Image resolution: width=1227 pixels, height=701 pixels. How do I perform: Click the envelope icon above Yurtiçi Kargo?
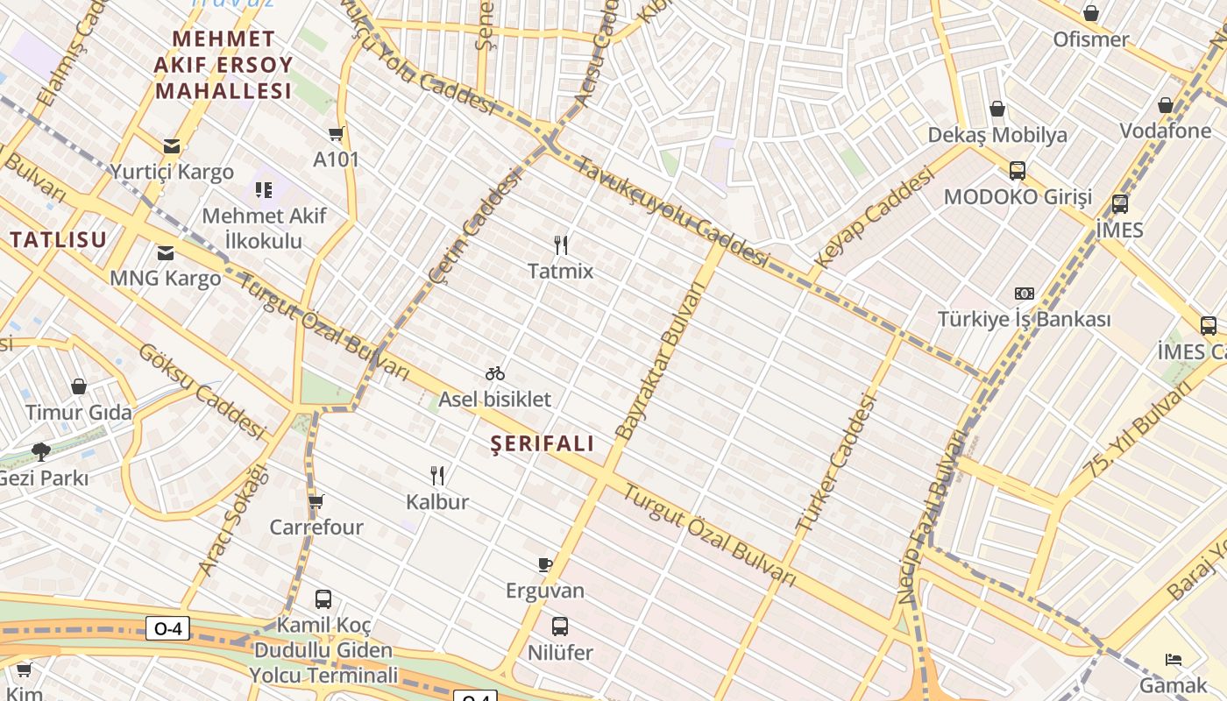pos(171,145)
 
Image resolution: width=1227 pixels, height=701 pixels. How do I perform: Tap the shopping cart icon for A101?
pos(336,134)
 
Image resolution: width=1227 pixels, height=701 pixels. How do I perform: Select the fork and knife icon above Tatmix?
pos(561,244)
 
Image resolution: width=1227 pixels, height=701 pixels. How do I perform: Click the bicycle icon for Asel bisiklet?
pos(495,373)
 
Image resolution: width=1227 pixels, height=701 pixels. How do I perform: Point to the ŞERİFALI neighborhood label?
pos(543,443)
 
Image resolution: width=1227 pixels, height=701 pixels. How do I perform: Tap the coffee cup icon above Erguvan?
pos(545,564)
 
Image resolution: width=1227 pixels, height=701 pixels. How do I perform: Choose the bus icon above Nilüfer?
pos(560,627)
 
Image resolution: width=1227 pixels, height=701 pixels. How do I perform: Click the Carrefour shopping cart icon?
pos(316,501)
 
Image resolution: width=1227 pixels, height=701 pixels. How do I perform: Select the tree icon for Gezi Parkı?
pos(40,452)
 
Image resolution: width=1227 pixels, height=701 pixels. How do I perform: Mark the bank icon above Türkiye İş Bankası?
pos(1024,294)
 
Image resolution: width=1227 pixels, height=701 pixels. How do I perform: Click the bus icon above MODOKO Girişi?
pos(1018,171)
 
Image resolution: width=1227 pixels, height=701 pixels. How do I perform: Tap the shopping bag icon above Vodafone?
pos(1165,105)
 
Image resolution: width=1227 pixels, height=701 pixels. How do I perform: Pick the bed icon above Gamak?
pos(1174,659)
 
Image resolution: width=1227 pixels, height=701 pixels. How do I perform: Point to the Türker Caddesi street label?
pos(837,463)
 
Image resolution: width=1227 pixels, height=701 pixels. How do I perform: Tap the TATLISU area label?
pos(58,239)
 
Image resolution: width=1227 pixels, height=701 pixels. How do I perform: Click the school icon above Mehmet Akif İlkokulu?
pos(264,189)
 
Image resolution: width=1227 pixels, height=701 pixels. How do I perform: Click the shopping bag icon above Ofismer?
pos(1091,13)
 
